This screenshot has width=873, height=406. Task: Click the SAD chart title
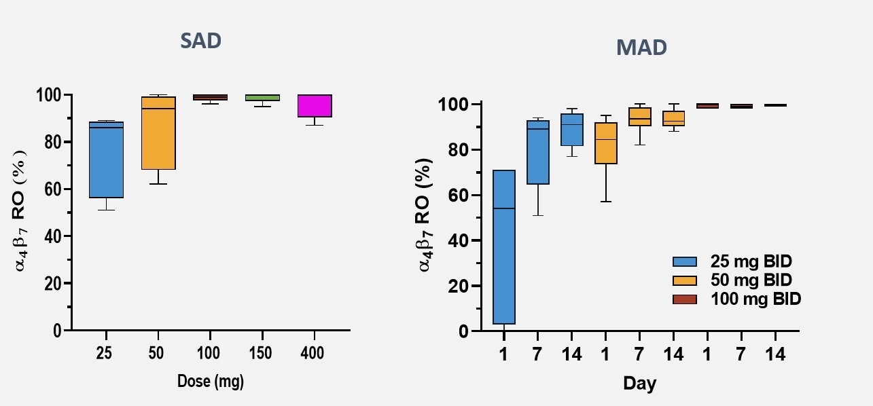tap(200, 41)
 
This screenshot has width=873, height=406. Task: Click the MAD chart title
tap(641, 48)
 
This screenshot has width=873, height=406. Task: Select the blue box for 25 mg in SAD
tap(106, 160)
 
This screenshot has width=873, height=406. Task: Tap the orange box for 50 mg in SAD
tap(158, 133)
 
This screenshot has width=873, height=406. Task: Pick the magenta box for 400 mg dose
tap(315, 106)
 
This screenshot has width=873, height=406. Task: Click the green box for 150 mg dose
tap(262, 98)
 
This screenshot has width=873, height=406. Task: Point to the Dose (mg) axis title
tap(211, 382)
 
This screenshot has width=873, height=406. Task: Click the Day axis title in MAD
tap(640, 384)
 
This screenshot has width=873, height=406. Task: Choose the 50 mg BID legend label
tap(751, 280)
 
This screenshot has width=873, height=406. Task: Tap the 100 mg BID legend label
tap(755, 299)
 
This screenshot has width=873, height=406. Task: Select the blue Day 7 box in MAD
tap(538, 153)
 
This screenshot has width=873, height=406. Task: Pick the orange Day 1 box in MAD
tap(605, 143)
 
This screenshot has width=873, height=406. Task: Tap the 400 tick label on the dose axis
tap(315, 353)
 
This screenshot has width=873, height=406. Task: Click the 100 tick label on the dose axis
tap(210, 353)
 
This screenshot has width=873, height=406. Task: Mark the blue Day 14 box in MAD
tap(571, 129)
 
